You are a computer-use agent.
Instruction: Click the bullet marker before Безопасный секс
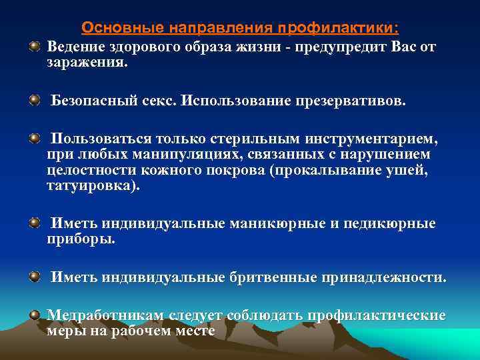[34, 100]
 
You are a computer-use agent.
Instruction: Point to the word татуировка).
[94, 187]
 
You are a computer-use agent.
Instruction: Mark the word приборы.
[81, 240]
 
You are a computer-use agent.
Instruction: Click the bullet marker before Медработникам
[34, 314]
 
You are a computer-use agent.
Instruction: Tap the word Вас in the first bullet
[400, 49]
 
